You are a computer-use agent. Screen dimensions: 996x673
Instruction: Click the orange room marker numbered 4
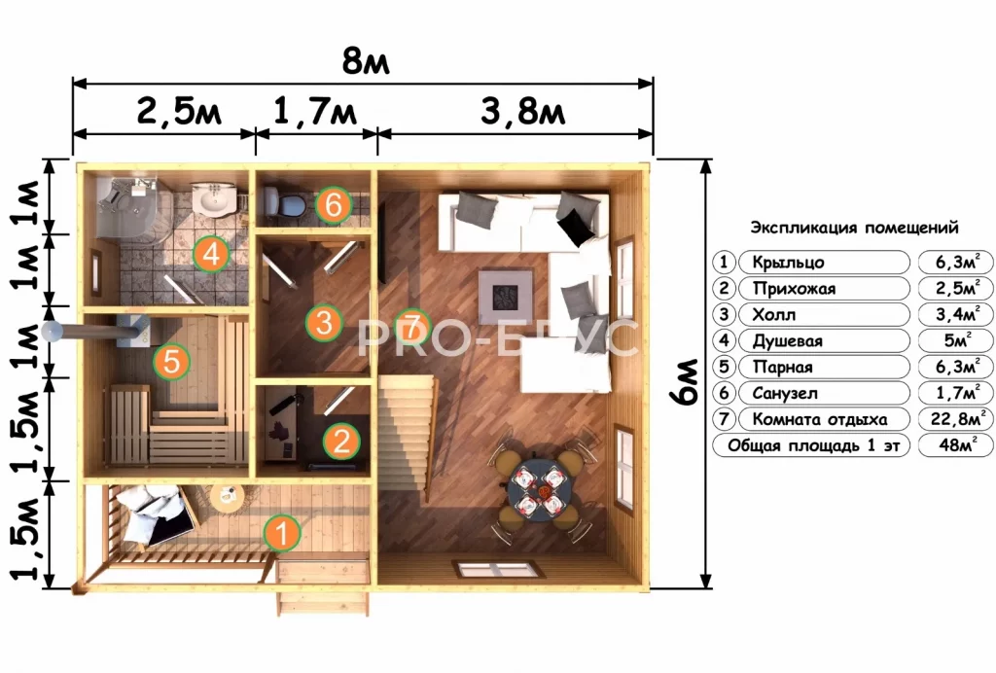[x=211, y=254]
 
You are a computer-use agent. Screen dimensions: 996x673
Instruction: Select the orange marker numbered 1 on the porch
[x=282, y=532]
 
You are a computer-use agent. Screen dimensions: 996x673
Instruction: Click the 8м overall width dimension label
[x=366, y=61]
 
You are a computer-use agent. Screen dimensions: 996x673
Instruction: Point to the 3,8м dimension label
[x=522, y=112]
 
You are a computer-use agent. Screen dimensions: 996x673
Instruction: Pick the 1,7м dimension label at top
[x=315, y=112]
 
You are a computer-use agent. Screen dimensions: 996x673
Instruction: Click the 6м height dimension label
[x=686, y=381]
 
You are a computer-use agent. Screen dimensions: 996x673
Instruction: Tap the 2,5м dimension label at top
[x=179, y=112]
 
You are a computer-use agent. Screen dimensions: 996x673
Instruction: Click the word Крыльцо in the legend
[x=788, y=263]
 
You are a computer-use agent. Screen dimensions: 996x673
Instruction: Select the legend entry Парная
[x=783, y=367]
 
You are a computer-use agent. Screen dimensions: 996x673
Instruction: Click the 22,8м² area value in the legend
[x=956, y=419]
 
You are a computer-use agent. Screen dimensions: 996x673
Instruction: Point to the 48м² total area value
[x=956, y=445]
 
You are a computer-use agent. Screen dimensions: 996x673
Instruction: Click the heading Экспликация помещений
[x=854, y=228]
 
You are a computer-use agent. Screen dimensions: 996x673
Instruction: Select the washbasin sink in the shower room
[x=213, y=198]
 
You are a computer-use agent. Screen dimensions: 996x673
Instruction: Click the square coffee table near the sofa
[x=506, y=297]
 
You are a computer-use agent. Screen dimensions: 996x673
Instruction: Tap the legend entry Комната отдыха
[x=819, y=419]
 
